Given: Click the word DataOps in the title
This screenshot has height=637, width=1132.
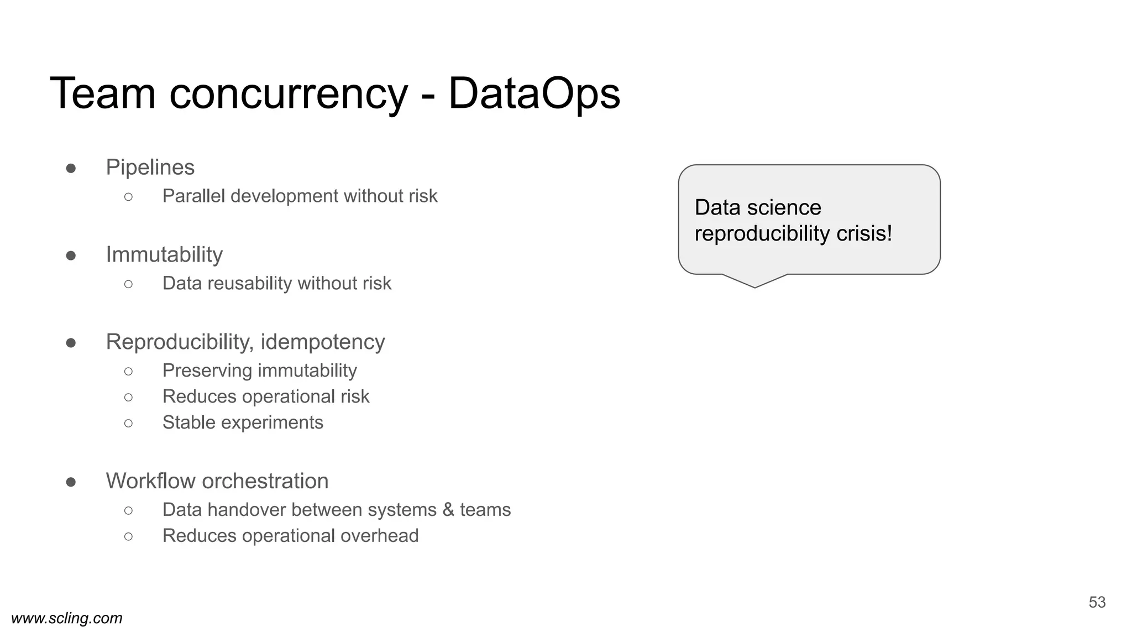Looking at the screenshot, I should tap(534, 94).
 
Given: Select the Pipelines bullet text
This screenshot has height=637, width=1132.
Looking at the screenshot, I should tap(150, 168).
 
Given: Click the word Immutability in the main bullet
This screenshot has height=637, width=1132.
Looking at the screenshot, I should tap(164, 255).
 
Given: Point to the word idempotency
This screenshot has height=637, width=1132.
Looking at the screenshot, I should tap(323, 342).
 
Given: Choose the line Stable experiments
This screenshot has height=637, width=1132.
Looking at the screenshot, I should tap(243, 422).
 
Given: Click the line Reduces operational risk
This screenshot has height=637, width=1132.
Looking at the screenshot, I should tap(266, 396).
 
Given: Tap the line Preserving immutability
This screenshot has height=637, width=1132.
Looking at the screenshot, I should tap(260, 370).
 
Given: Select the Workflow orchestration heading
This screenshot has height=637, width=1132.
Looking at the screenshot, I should tap(217, 481).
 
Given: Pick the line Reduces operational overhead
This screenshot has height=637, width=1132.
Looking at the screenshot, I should tap(290, 536).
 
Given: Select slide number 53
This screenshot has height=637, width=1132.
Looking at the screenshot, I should tap(1097, 602).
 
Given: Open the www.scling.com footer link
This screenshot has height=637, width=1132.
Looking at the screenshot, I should tap(67, 618).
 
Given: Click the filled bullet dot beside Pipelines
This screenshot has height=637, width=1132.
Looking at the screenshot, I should tap(71, 168).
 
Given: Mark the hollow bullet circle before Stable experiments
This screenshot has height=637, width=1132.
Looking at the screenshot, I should tap(128, 423).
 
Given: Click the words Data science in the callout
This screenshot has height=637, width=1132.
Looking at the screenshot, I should tap(758, 208).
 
